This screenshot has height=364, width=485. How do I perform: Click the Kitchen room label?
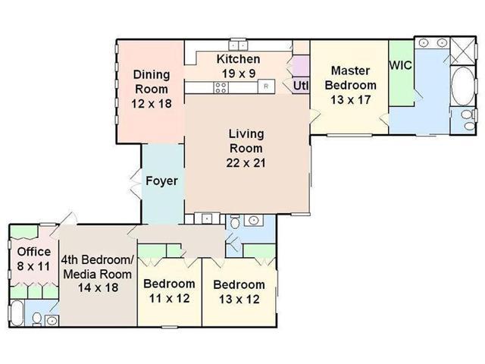[238, 59]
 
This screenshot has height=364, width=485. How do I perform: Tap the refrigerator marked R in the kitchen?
[266, 86]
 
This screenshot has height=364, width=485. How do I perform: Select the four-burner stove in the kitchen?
[221, 87]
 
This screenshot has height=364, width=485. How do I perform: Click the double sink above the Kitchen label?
[238, 45]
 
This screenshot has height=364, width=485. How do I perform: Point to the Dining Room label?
[152, 82]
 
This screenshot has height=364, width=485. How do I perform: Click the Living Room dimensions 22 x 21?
[246, 163]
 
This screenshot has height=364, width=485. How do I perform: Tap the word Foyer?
[161, 180]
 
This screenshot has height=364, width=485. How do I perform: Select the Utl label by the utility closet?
[301, 86]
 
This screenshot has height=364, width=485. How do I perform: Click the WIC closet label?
[401, 65]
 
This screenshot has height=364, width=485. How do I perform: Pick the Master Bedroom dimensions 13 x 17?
[350, 99]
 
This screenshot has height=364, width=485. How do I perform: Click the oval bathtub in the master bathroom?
[462, 86]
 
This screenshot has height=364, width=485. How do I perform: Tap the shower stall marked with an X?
[463, 52]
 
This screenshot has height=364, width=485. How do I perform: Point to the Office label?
[34, 252]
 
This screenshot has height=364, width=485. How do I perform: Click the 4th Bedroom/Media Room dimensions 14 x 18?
[98, 287]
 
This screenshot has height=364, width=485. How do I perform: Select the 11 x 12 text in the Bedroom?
[169, 298]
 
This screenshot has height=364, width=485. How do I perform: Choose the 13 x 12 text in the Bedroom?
[239, 300]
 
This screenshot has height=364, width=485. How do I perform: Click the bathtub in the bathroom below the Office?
[17, 313]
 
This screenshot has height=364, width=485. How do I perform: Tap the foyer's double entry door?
[135, 184]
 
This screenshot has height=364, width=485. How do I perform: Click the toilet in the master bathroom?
[468, 120]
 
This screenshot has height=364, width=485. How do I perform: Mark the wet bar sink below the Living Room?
[207, 219]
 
